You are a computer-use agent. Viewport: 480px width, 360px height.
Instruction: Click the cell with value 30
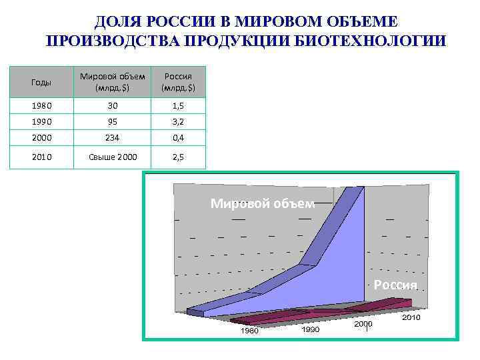click(x=112, y=106)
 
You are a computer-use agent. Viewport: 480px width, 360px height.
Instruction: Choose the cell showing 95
click(x=112, y=123)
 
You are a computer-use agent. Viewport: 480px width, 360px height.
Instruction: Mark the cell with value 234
click(x=112, y=139)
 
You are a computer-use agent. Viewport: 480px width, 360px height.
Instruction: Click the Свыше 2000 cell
click(x=112, y=157)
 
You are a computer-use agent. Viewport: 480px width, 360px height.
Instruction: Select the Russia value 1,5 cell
click(x=178, y=106)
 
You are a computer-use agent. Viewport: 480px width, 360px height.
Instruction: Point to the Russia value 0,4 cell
click(x=178, y=139)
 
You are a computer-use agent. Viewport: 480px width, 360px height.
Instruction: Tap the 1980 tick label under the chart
click(x=250, y=331)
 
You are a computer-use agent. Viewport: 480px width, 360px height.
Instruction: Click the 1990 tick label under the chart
click(x=309, y=329)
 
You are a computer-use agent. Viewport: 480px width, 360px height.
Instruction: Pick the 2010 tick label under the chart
click(x=411, y=318)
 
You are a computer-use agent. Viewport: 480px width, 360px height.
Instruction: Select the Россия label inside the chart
click(x=395, y=285)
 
